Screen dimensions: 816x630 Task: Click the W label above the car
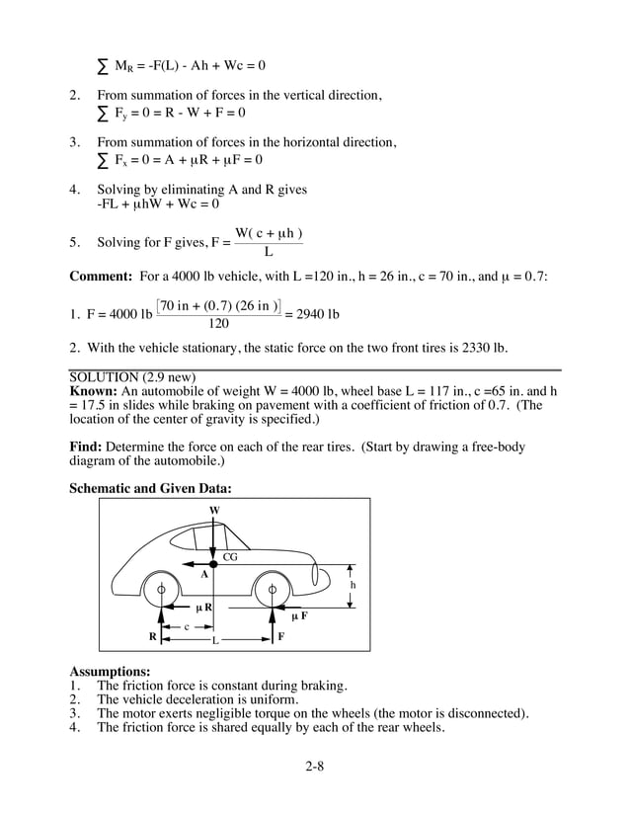point(214,510)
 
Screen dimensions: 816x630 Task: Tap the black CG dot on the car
point(213,563)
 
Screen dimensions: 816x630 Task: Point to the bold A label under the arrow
point(204,574)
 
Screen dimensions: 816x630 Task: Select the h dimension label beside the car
point(353,585)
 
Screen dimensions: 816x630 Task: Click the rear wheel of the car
point(161,592)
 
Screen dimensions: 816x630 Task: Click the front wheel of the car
point(272,592)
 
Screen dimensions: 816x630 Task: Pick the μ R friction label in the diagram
point(203,607)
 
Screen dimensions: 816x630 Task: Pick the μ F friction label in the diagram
point(299,615)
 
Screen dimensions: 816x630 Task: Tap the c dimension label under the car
point(187,626)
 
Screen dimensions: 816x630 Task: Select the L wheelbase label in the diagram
point(214,640)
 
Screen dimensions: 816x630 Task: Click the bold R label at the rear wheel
point(153,636)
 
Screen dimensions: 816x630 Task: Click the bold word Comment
point(102,277)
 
